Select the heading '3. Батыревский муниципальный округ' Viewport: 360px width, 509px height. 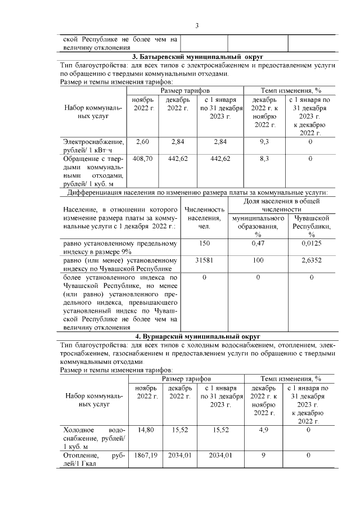coord(197,57)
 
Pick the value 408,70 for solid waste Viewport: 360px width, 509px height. coord(143,159)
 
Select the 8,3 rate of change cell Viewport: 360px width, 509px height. coord(263,159)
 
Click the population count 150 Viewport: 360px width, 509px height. coord(204,244)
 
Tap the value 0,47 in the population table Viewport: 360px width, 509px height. coord(258,244)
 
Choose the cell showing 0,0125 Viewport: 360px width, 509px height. coord(312,244)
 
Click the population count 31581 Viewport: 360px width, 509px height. coord(204,260)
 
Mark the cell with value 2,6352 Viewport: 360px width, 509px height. coord(312,260)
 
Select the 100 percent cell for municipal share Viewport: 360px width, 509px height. coord(258,260)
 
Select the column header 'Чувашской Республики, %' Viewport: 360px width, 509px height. coord(312,226)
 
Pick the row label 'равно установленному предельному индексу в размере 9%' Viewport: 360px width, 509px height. coord(121,247)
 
